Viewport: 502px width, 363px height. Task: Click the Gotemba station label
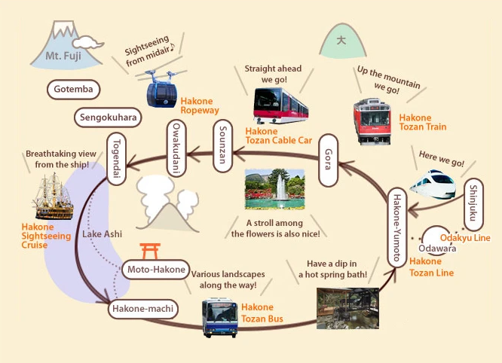click(x=73, y=90)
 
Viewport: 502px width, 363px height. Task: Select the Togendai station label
click(x=117, y=154)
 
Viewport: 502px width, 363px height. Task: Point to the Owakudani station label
click(x=174, y=148)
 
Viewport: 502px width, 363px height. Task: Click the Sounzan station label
click(x=222, y=150)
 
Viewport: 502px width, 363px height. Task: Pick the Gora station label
click(x=326, y=160)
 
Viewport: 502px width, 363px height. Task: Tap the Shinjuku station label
click(x=473, y=206)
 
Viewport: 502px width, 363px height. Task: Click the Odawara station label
click(x=437, y=249)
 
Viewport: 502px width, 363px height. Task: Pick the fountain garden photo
click(x=274, y=189)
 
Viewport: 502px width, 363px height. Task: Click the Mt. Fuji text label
click(x=63, y=56)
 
